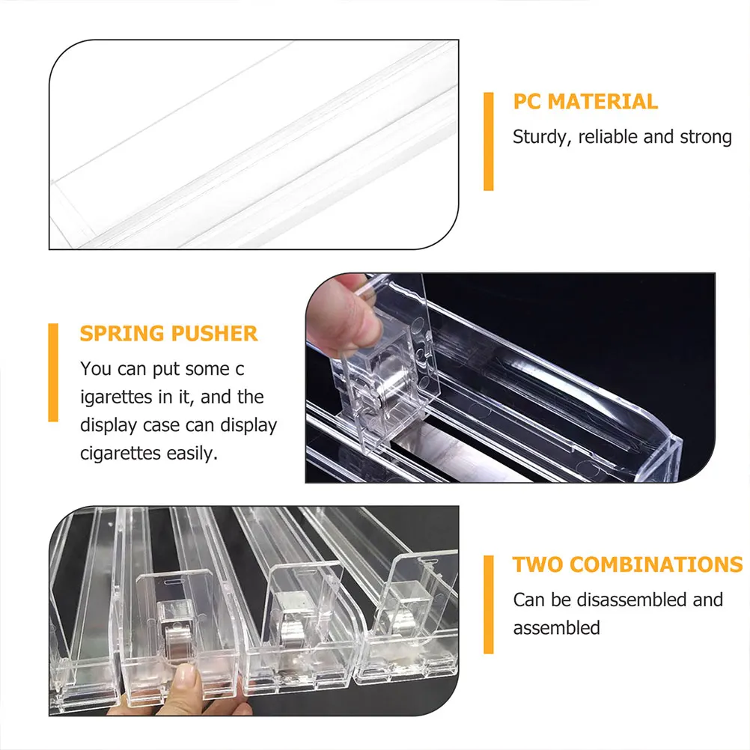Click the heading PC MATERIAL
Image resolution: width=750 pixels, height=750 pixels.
click(585, 102)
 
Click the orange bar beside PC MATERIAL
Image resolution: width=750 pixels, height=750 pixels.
click(488, 141)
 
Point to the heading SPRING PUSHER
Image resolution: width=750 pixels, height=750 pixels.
click(169, 333)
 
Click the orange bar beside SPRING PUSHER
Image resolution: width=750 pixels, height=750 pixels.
click(53, 372)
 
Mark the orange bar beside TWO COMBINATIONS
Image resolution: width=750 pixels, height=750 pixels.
click(488, 604)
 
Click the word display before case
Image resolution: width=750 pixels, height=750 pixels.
click(109, 425)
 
